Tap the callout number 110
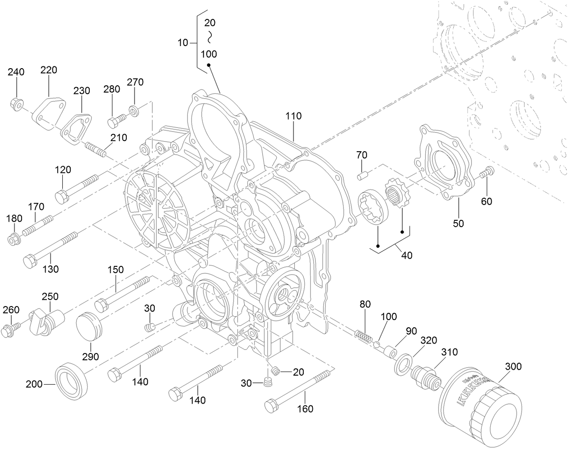click(293, 116)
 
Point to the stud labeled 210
click(95, 149)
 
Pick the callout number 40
click(406, 255)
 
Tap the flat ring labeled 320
click(403, 364)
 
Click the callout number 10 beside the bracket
click(182, 43)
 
